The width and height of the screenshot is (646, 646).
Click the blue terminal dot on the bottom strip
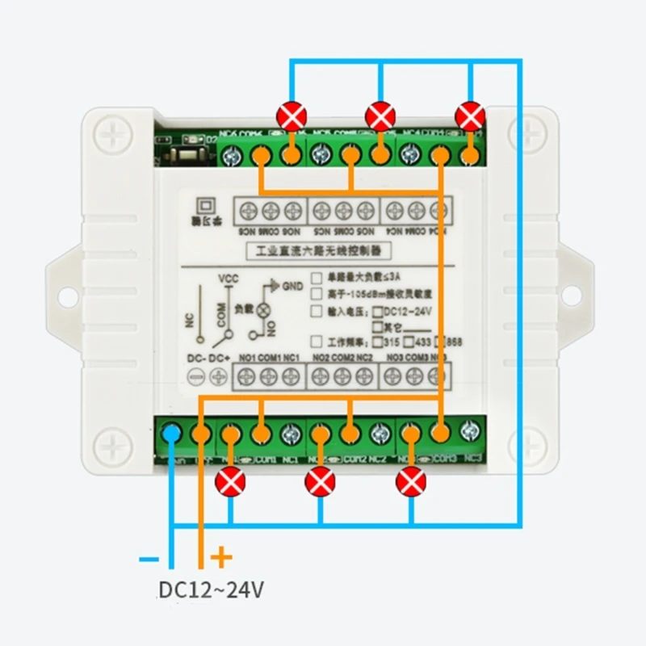click(x=171, y=434)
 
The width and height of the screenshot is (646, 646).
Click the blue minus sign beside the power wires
click(x=149, y=558)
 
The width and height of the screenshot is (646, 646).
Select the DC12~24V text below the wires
click(x=211, y=590)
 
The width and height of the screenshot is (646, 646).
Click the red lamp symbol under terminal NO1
click(x=232, y=482)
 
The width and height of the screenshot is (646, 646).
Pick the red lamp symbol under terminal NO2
click(x=321, y=482)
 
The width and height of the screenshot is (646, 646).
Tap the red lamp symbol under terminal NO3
click(x=411, y=482)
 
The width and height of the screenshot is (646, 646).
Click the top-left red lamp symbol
click(x=291, y=115)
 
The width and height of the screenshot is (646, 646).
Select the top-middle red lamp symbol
click(x=380, y=115)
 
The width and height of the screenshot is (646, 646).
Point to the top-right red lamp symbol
click(x=470, y=115)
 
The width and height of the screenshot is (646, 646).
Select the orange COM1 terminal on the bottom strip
click(x=260, y=434)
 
